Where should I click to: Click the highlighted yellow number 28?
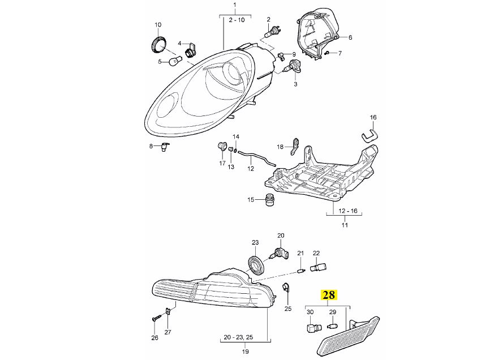point(328,295)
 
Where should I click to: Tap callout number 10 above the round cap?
point(158,24)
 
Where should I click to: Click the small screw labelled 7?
point(328,53)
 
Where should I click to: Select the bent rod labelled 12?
point(256,157)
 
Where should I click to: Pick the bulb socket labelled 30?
point(312,328)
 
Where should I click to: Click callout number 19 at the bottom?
point(246,352)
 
